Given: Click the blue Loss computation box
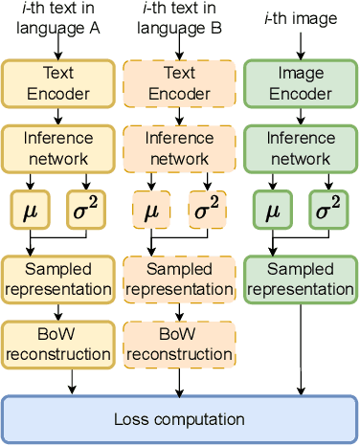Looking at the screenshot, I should [x=179, y=419].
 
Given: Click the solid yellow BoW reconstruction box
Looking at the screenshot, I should [x=58, y=344].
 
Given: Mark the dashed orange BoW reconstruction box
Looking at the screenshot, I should [x=180, y=344].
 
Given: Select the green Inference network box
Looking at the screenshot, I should [x=301, y=147].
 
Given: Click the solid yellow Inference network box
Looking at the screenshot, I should [x=58, y=147].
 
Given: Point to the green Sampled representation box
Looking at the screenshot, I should [x=301, y=278].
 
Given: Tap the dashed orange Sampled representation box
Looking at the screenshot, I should [x=180, y=278].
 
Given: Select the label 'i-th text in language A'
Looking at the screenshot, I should [x=58, y=19].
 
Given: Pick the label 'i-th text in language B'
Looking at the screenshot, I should [x=180, y=19].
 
